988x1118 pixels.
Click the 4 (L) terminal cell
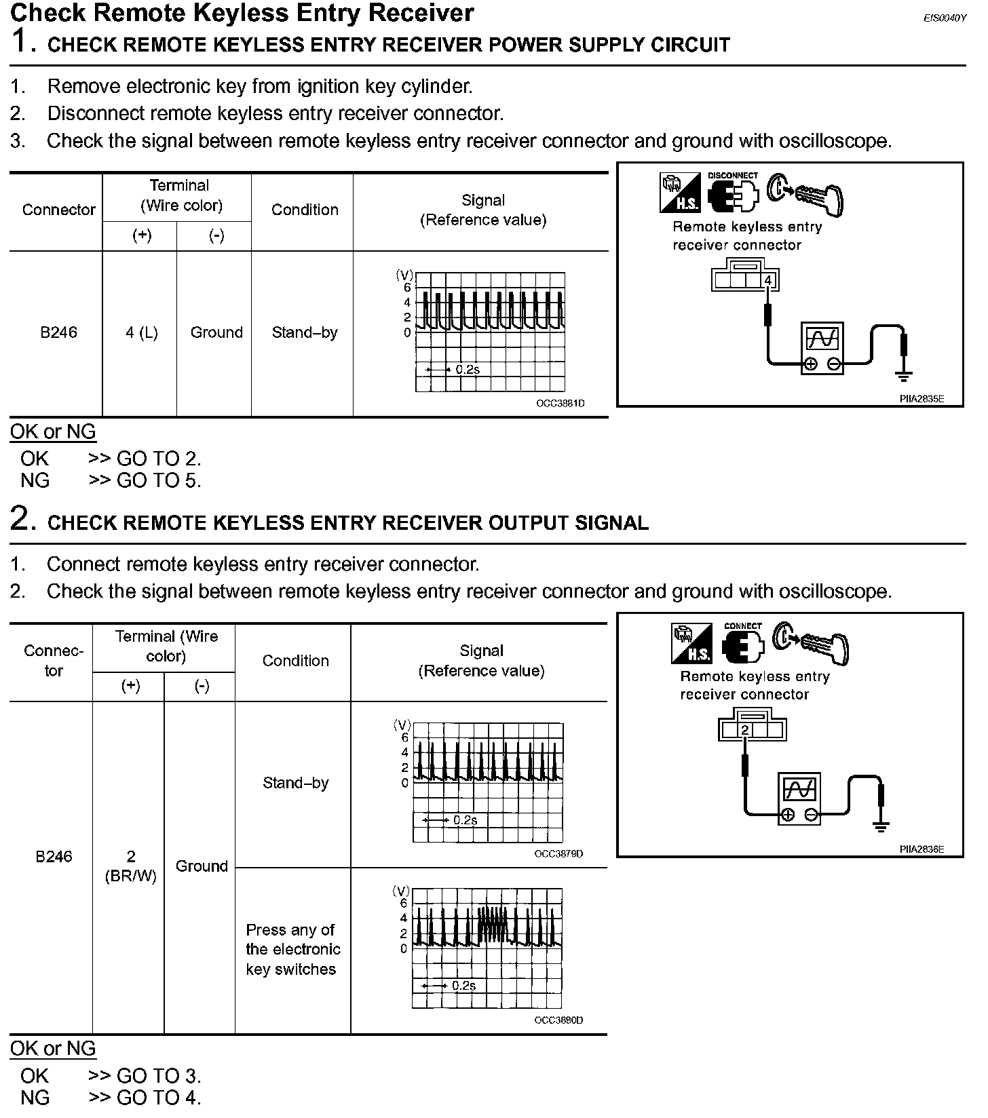141,332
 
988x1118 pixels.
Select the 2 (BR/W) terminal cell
131,866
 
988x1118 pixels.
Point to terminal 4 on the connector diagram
768,280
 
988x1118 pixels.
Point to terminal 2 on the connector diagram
745,730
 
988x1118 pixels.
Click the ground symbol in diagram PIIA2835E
904,375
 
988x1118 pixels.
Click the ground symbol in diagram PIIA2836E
881,826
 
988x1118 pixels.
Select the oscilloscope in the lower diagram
799,798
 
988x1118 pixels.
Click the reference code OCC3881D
560,403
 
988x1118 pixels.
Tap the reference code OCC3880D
558,1020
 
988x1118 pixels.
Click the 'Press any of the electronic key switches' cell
292,949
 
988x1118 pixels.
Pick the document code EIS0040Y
944,18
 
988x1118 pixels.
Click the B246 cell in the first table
58,332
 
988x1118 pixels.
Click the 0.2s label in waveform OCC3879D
465,820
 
